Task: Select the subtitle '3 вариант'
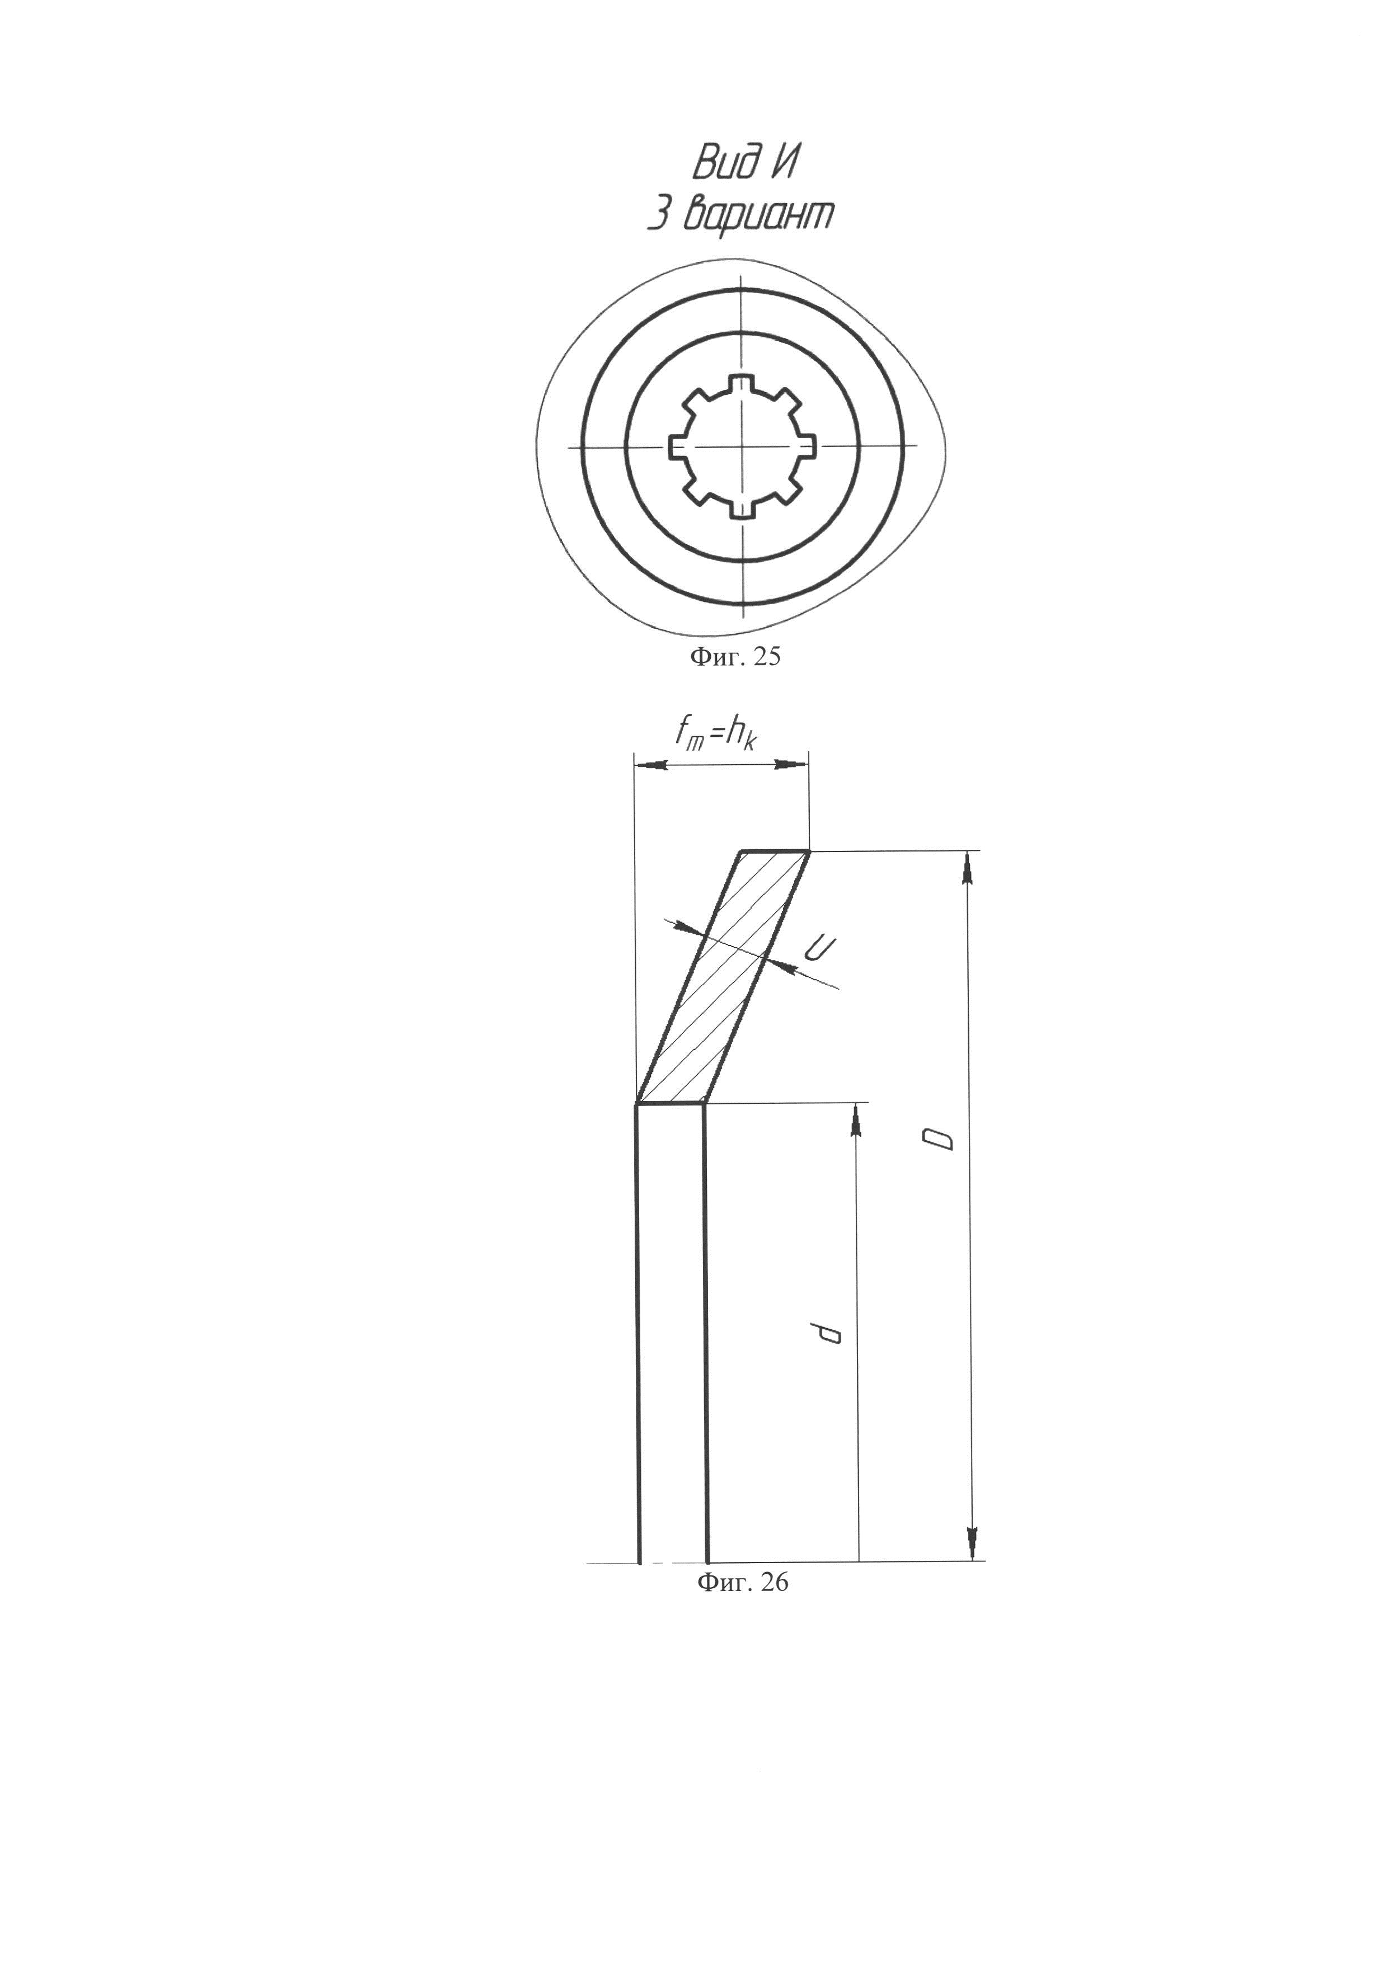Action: pyautogui.click(x=739, y=215)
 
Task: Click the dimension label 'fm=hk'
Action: pyautogui.click(x=717, y=732)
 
